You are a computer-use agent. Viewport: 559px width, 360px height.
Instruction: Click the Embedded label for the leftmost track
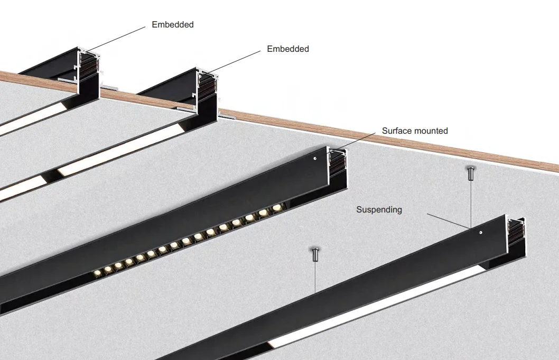tap(172, 24)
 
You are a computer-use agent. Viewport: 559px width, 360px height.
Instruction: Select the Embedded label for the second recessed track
tap(287, 49)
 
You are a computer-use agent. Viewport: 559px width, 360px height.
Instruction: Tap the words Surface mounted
tap(415, 131)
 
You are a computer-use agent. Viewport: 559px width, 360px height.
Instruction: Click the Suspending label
tap(379, 210)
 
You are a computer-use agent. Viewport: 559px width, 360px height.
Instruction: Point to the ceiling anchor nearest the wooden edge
tap(470, 172)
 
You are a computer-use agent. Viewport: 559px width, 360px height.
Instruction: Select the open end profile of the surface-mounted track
tap(338, 167)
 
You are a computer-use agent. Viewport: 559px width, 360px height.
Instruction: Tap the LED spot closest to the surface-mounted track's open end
tap(276, 208)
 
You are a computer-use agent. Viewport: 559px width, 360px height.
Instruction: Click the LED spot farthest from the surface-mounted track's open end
tap(98, 273)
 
